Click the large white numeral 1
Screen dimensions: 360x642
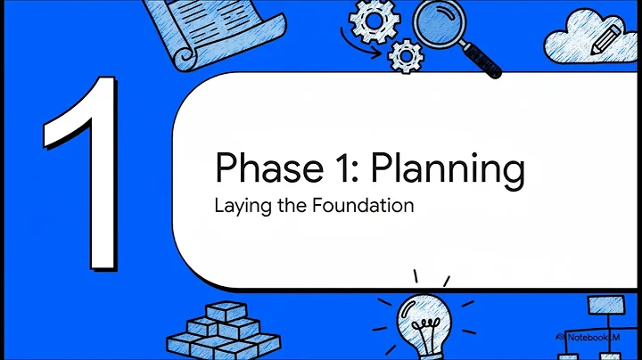pos(86,169)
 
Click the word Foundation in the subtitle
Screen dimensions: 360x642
pos(366,206)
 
